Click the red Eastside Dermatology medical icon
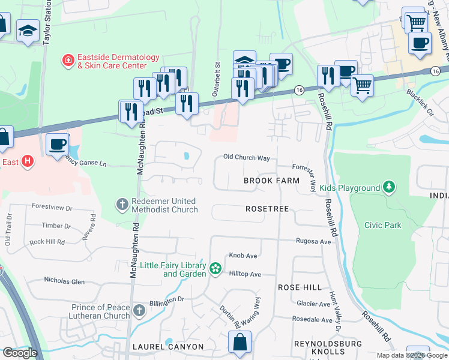pyautogui.click(x=68, y=61)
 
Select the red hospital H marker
pyautogui.click(x=26, y=161)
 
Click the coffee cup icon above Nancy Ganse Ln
pyautogui.click(x=58, y=145)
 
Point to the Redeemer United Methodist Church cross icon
pyautogui.click(x=122, y=205)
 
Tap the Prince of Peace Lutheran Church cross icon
pyautogui.click(x=139, y=311)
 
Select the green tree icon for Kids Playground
pyautogui.click(x=390, y=188)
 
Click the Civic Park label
pyautogui.click(x=382, y=225)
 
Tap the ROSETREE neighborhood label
pyautogui.click(x=267, y=209)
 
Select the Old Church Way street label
pyautogui.click(x=246, y=157)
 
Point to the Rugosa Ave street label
pyautogui.click(x=313, y=241)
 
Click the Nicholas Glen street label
pyautogui.click(x=64, y=281)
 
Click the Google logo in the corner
pyautogui.click(x=20, y=353)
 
